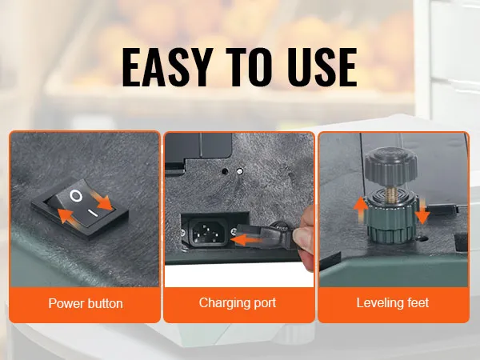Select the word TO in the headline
[249, 67]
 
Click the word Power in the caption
[66, 303]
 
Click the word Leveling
[378, 303]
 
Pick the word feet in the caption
[416, 302]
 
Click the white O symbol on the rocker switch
[76, 196]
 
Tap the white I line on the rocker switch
[93, 213]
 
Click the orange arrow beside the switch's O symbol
[103, 202]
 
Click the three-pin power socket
[208, 232]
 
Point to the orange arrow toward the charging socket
[246, 239]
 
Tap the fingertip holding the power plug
[302, 236]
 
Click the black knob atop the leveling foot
[390, 166]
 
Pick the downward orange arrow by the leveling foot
[422, 211]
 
